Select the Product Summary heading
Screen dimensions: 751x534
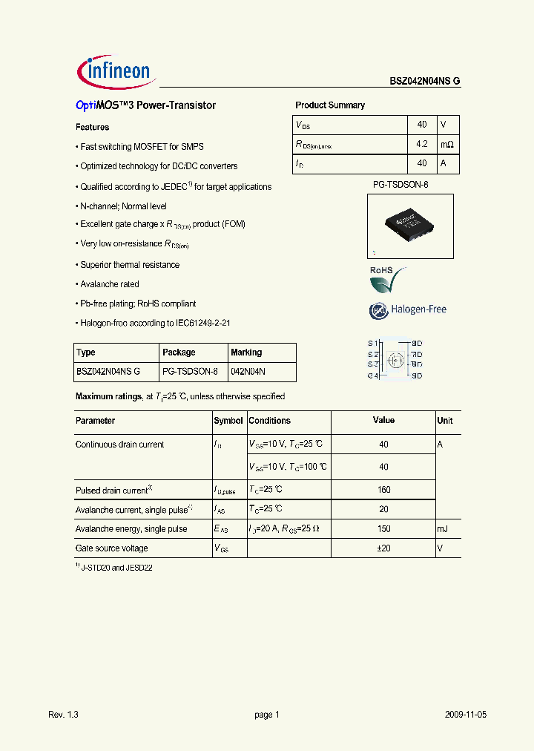coord(330,105)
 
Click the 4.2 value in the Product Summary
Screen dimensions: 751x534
coord(421,144)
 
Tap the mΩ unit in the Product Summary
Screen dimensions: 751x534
coord(446,144)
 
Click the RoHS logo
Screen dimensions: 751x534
coord(387,279)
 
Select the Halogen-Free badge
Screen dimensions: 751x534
coord(407,309)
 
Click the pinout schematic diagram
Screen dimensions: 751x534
coord(395,360)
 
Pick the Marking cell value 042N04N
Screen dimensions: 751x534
coord(248,372)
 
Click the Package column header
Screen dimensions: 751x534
coord(179,352)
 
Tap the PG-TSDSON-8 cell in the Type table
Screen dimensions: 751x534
coord(190,372)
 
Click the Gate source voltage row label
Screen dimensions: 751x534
coord(111,548)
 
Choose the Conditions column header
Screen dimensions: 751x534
coord(269,421)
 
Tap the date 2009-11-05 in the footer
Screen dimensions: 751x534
coord(466,715)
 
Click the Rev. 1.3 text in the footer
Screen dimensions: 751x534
coord(63,715)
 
